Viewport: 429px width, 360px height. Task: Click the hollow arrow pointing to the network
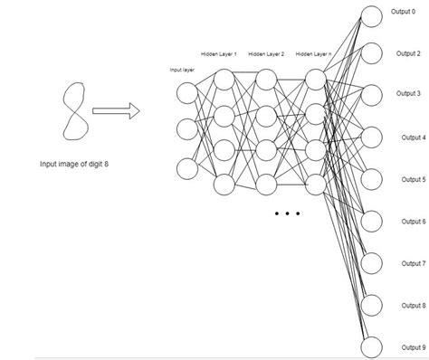pos(117,110)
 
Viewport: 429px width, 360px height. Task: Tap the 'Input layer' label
pos(182,69)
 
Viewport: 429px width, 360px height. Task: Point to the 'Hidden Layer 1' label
pos(219,54)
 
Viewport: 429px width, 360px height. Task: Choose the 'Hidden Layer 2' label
pos(266,54)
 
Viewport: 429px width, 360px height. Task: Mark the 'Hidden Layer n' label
pos(314,54)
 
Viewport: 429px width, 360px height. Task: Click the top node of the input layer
pos(186,91)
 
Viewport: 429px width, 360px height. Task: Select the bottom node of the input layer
pos(186,168)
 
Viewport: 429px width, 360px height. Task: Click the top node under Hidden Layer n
pos(315,79)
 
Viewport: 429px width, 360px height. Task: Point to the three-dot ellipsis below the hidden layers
pos(286,214)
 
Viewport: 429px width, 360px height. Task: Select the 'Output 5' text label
pos(412,179)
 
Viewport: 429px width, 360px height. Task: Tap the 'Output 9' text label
pos(412,347)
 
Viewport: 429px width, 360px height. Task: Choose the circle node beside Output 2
pos(372,54)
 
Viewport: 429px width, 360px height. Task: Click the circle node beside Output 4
pos(372,137)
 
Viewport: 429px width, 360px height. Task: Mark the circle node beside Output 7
pos(372,263)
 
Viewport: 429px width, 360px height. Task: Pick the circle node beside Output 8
pos(372,305)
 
